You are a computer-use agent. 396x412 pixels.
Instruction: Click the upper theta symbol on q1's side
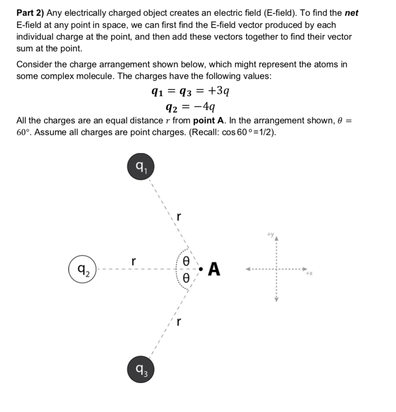pyautogui.click(x=188, y=260)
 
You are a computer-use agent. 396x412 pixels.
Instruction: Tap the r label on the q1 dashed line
pyautogui.click(x=179, y=217)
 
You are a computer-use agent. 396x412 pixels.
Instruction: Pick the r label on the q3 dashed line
pyautogui.click(x=179, y=322)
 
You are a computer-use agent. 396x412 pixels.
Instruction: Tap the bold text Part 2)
pyautogui.click(x=31, y=13)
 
